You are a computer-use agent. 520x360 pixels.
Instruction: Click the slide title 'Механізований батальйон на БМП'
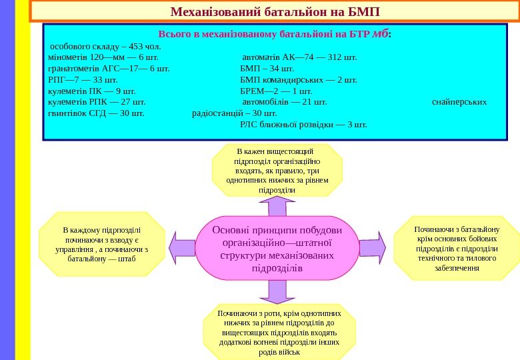click(x=275, y=12)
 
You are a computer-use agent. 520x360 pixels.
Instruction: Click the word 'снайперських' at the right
click(x=459, y=102)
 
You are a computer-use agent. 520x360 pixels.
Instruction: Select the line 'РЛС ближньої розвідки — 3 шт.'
click(x=303, y=124)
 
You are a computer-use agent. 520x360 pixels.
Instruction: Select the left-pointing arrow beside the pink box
click(x=182, y=247)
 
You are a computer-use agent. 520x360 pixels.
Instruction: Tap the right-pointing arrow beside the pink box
click(x=372, y=247)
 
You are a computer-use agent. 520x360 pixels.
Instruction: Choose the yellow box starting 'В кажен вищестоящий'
click(x=277, y=171)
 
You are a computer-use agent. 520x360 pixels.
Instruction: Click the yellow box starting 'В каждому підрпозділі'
click(x=102, y=244)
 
